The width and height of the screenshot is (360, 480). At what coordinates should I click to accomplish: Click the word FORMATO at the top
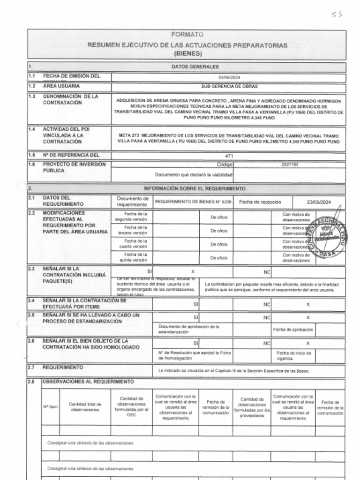187,35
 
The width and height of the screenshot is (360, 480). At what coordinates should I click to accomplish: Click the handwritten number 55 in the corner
337,14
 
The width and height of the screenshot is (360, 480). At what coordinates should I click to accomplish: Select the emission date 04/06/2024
229,77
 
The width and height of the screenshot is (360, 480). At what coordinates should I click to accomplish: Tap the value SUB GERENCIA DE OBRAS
229,87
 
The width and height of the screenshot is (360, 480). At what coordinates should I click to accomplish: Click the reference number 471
229,156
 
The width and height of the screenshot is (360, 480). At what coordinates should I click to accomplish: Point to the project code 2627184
289,165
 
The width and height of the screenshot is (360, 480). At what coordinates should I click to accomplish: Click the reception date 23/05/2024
319,202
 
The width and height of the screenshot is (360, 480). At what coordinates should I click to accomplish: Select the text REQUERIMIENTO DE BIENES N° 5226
193,202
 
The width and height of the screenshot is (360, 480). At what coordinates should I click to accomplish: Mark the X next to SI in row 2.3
193,271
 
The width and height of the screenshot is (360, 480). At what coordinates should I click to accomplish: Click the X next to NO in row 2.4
308,304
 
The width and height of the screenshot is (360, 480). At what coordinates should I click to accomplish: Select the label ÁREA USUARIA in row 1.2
61,86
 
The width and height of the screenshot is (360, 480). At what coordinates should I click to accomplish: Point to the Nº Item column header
51,407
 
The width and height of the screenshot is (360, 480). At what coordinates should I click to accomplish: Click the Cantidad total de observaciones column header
85,407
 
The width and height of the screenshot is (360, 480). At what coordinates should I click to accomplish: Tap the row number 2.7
31,367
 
